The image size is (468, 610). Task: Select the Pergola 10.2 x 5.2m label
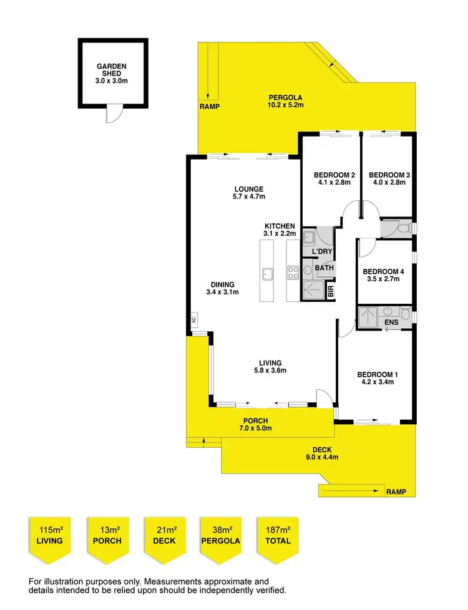(285, 101)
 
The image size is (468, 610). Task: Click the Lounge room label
(248, 193)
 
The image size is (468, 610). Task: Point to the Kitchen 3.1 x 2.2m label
(279, 229)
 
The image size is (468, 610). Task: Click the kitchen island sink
(268, 273)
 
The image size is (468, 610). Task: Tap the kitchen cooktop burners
(293, 273)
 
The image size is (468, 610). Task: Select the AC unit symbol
(193, 319)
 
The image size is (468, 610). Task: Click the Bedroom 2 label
(334, 178)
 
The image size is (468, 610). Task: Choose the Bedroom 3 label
(389, 178)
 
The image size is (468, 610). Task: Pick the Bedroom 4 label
(384, 275)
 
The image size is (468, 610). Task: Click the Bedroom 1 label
(377, 379)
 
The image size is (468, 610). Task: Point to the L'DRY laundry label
(322, 251)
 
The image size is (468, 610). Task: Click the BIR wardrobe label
(331, 290)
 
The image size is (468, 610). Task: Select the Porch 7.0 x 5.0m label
(255, 425)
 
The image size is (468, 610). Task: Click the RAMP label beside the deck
(396, 492)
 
